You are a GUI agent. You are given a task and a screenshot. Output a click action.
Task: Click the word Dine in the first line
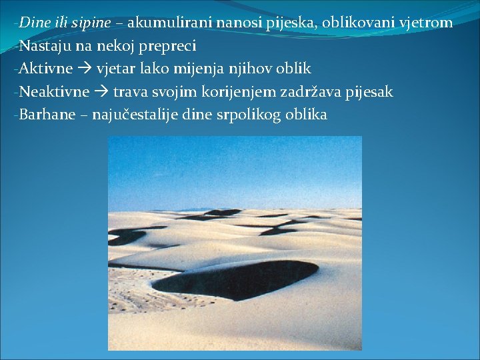tap(31, 23)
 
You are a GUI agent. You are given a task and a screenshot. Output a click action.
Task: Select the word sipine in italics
tap(90, 23)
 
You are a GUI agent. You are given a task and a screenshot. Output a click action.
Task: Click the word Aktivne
tap(44, 69)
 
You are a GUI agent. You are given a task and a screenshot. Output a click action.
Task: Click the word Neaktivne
tap(53, 91)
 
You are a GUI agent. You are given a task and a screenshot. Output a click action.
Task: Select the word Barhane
tap(45, 114)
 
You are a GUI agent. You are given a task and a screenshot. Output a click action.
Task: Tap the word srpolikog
tap(247, 115)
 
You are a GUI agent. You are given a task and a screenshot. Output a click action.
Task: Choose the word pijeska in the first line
tap(292, 23)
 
